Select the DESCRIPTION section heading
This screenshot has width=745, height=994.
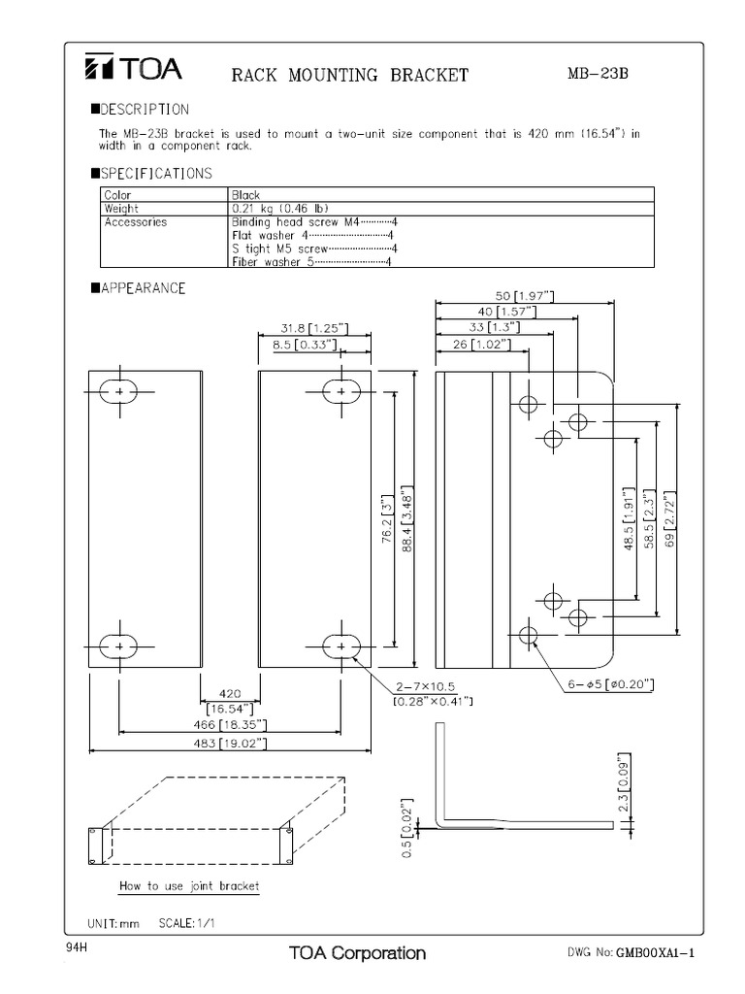(x=145, y=110)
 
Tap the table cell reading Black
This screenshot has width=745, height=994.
(x=246, y=194)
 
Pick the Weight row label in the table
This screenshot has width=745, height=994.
(x=122, y=208)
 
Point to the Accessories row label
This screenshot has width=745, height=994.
(x=136, y=221)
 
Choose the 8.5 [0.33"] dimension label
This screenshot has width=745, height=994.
(x=305, y=344)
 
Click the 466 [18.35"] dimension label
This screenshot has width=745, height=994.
(x=229, y=725)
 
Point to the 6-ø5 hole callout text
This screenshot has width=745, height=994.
(x=610, y=684)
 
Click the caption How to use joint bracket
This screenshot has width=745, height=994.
(x=188, y=886)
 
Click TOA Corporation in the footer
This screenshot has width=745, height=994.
(x=357, y=952)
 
